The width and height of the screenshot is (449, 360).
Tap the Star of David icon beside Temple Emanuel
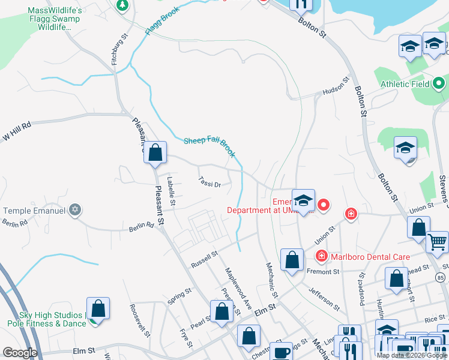(74, 210)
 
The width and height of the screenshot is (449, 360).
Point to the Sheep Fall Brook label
(209, 146)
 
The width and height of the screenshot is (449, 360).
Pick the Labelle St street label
(172, 191)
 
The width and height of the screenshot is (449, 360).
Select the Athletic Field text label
(405, 84)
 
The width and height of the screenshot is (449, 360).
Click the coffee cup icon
(280, 352)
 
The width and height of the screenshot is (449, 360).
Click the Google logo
(19, 353)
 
